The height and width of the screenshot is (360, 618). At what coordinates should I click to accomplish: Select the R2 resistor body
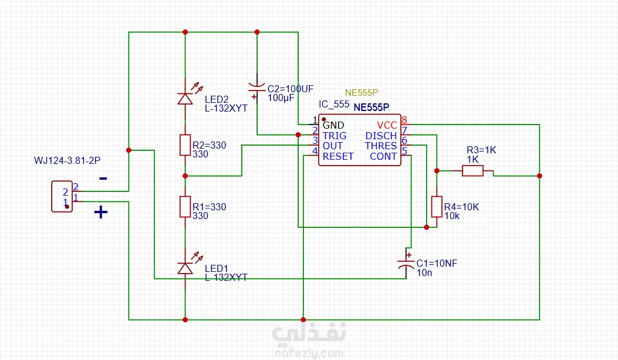click(x=185, y=145)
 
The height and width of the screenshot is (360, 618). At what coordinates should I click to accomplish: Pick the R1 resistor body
click(x=185, y=207)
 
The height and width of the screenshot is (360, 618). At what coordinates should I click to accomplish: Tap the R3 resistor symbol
click(x=472, y=171)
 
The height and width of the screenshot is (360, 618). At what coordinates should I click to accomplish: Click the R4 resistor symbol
click(x=437, y=207)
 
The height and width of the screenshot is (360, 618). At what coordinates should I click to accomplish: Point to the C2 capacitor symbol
click(x=256, y=88)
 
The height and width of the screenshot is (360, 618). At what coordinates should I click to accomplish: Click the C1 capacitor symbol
click(x=406, y=261)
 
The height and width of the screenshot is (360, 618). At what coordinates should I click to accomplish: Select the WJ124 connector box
click(x=62, y=196)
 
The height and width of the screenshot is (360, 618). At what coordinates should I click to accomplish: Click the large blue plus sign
click(x=101, y=212)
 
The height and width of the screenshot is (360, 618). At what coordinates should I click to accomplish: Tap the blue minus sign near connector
click(x=103, y=179)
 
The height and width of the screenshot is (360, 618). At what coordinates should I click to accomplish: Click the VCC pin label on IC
click(x=387, y=126)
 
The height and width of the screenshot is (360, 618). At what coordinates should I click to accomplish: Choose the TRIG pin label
click(x=334, y=136)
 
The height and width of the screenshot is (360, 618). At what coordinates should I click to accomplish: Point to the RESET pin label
click(x=338, y=157)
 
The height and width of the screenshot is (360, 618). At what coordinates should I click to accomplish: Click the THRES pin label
click(x=381, y=146)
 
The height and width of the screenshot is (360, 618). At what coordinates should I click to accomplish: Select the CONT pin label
click(x=383, y=157)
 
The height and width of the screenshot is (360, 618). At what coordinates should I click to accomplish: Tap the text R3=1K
click(x=481, y=150)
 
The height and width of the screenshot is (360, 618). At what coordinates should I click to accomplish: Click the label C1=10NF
click(x=437, y=264)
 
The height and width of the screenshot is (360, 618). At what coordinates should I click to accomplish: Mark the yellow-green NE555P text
click(x=362, y=93)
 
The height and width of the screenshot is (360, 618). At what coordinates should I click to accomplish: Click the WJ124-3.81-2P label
click(x=67, y=160)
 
